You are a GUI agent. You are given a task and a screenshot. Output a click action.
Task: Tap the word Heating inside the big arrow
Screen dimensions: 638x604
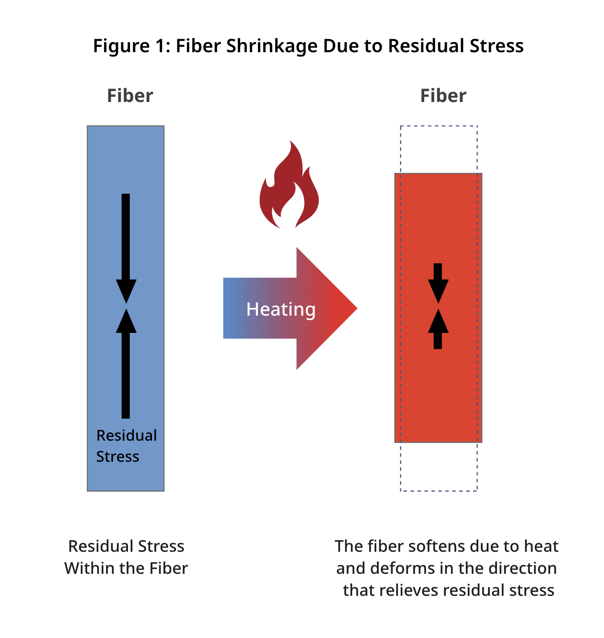pos(281,309)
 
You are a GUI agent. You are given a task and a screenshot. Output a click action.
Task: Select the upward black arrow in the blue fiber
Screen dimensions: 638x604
pos(126,364)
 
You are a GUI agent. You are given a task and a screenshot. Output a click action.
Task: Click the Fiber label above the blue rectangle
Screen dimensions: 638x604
pos(130,96)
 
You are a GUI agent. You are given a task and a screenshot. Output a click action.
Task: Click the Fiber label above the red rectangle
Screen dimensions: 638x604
pos(443,96)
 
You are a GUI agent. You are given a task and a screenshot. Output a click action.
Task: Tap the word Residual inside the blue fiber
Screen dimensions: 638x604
pos(127,435)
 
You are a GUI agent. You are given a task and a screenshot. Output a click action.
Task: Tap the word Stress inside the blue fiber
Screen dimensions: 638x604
pos(117,456)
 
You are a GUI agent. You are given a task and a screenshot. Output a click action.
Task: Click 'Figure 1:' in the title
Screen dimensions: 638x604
pos(131,46)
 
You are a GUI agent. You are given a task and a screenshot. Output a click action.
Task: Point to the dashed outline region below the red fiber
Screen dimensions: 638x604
pos(439,467)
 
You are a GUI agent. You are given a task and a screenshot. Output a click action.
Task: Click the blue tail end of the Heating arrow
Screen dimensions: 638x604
pos(232,308)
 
